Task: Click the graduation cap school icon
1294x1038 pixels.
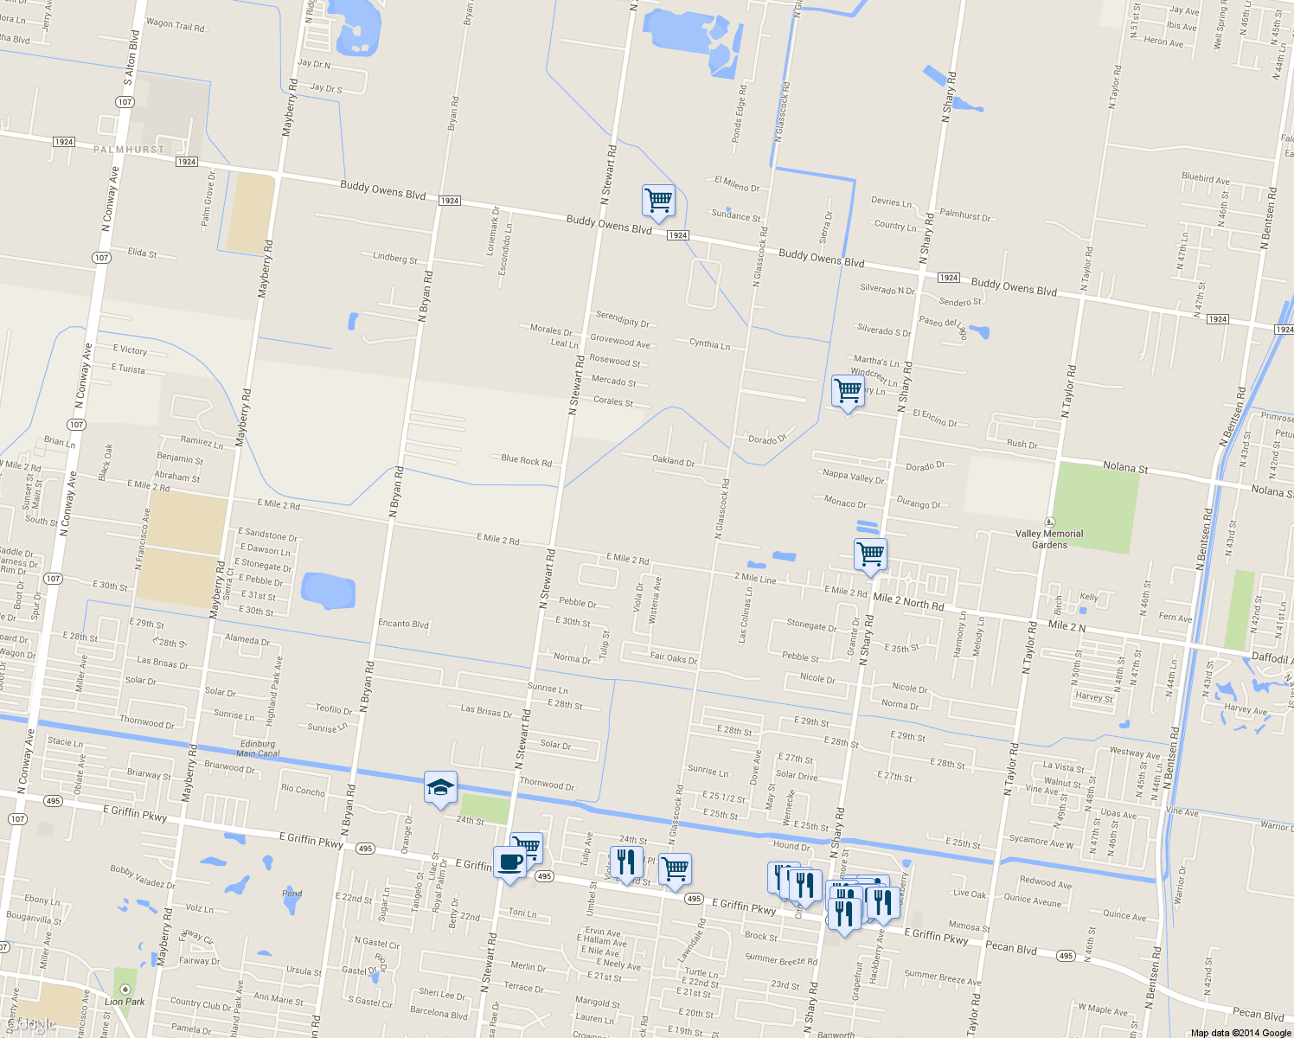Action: click(440, 787)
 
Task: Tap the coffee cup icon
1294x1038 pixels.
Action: click(509, 862)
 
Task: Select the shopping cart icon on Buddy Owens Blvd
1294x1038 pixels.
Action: click(658, 201)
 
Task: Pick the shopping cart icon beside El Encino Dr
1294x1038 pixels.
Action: click(848, 390)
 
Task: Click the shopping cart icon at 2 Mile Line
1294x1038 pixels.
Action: click(870, 554)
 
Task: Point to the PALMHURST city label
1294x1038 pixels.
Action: click(129, 150)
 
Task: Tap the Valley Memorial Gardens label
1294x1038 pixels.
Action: click(1049, 539)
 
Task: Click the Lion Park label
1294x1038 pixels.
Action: click(125, 1002)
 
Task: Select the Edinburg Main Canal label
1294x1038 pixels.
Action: click(257, 748)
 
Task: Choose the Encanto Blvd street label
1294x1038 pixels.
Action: click(403, 624)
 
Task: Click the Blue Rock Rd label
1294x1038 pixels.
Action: click(526, 460)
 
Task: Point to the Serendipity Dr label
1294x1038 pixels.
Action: click(622, 318)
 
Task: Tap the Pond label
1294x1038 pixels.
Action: click(292, 894)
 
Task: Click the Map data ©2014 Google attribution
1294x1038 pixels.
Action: click(1240, 1032)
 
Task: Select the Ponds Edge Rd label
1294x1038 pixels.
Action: click(738, 113)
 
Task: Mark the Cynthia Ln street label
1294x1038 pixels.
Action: click(709, 344)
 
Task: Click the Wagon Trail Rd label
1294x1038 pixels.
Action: click(176, 25)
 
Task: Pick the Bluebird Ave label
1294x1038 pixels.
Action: click(1205, 178)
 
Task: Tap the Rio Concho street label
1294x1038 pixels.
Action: click(303, 790)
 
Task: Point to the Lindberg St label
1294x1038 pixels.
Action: click(394, 258)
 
